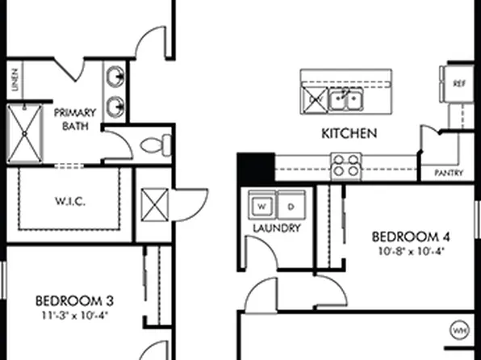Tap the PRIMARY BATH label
(75, 119)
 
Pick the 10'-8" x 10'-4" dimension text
(409, 250)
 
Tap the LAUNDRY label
(276, 228)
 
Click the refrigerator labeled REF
(459, 83)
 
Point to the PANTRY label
(448, 173)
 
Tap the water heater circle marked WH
(460, 331)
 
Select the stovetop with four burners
(347, 165)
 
